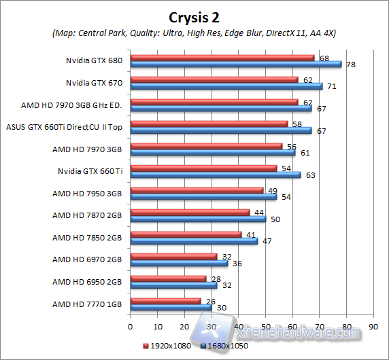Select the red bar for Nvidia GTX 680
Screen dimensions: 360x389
(222, 58)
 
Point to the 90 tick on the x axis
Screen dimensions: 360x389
(373, 325)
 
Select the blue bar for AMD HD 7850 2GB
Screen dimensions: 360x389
(193, 240)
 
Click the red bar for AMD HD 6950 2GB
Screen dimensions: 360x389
(167, 278)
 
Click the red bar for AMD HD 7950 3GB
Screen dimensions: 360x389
(196, 190)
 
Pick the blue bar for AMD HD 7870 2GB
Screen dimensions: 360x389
(197, 219)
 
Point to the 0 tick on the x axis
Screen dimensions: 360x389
(130, 325)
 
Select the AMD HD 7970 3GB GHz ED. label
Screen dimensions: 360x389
(72, 105)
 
